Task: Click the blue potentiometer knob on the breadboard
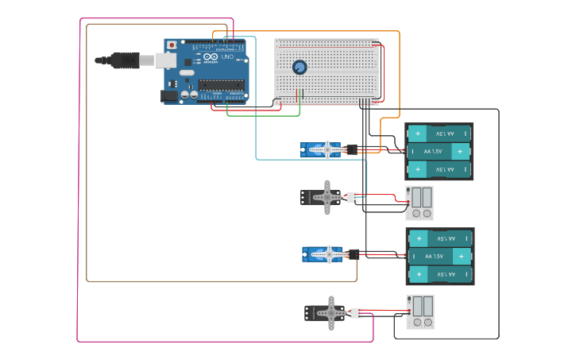pyautogui.click(x=300, y=68)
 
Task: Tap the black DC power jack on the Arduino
pyautogui.click(x=169, y=96)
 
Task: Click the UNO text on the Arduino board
pyautogui.click(x=227, y=57)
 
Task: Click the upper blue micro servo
pyautogui.click(x=320, y=149)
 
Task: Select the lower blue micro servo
pyautogui.click(x=322, y=254)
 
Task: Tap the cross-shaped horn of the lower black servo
pyautogui.click(x=331, y=313)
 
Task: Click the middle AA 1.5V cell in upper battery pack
pyautogui.click(x=439, y=151)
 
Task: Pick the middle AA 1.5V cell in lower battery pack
pyautogui.click(x=439, y=257)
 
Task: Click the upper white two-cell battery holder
pyautogui.click(x=419, y=203)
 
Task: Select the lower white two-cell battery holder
pyautogui.click(x=420, y=312)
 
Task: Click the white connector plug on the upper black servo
pyautogui.click(x=351, y=198)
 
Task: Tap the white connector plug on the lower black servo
pyautogui.click(x=357, y=313)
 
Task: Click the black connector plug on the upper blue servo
pyautogui.click(x=353, y=149)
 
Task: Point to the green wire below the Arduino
pyautogui.click(x=262, y=116)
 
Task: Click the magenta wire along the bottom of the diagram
pyautogui.click(x=222, y=342)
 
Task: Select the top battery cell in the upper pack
pyautogui.click(x=439, y=133)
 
